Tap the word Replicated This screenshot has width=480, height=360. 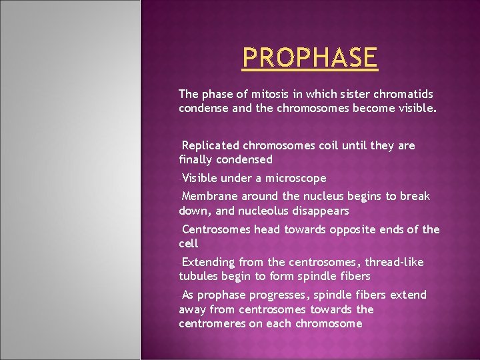[x=211, y=145]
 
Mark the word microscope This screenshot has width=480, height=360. [x=297, y=178]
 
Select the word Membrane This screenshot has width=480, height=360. [x=210, y=197]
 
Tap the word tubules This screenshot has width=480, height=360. [x=198, y=276]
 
